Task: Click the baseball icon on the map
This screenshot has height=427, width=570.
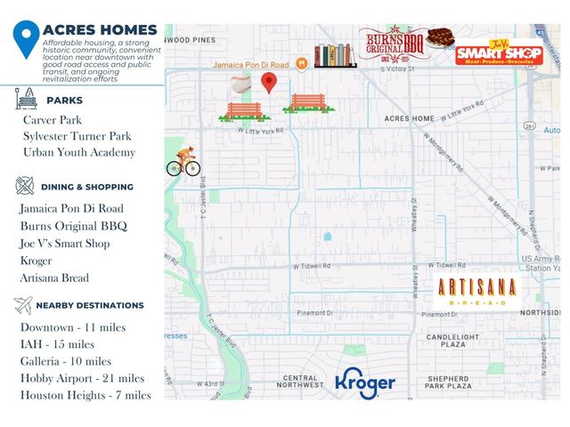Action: [x=240, y=84]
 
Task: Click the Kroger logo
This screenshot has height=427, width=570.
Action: [x=365, y=382]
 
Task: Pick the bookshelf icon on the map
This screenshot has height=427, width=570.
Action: [x=335, y=55]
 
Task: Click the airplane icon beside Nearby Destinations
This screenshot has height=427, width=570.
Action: [x=24, y=305]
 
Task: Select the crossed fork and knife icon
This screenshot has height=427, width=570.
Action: [x=25, y=187]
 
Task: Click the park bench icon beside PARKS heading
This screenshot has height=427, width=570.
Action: [x=26, y=100]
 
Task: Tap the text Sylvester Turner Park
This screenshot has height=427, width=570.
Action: [x=77, y=136]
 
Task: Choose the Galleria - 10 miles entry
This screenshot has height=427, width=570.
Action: [x=66, y=361]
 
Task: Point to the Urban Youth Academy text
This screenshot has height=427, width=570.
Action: [x=79, y=152]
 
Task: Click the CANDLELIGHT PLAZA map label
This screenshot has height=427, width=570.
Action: [x=452, y=342]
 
